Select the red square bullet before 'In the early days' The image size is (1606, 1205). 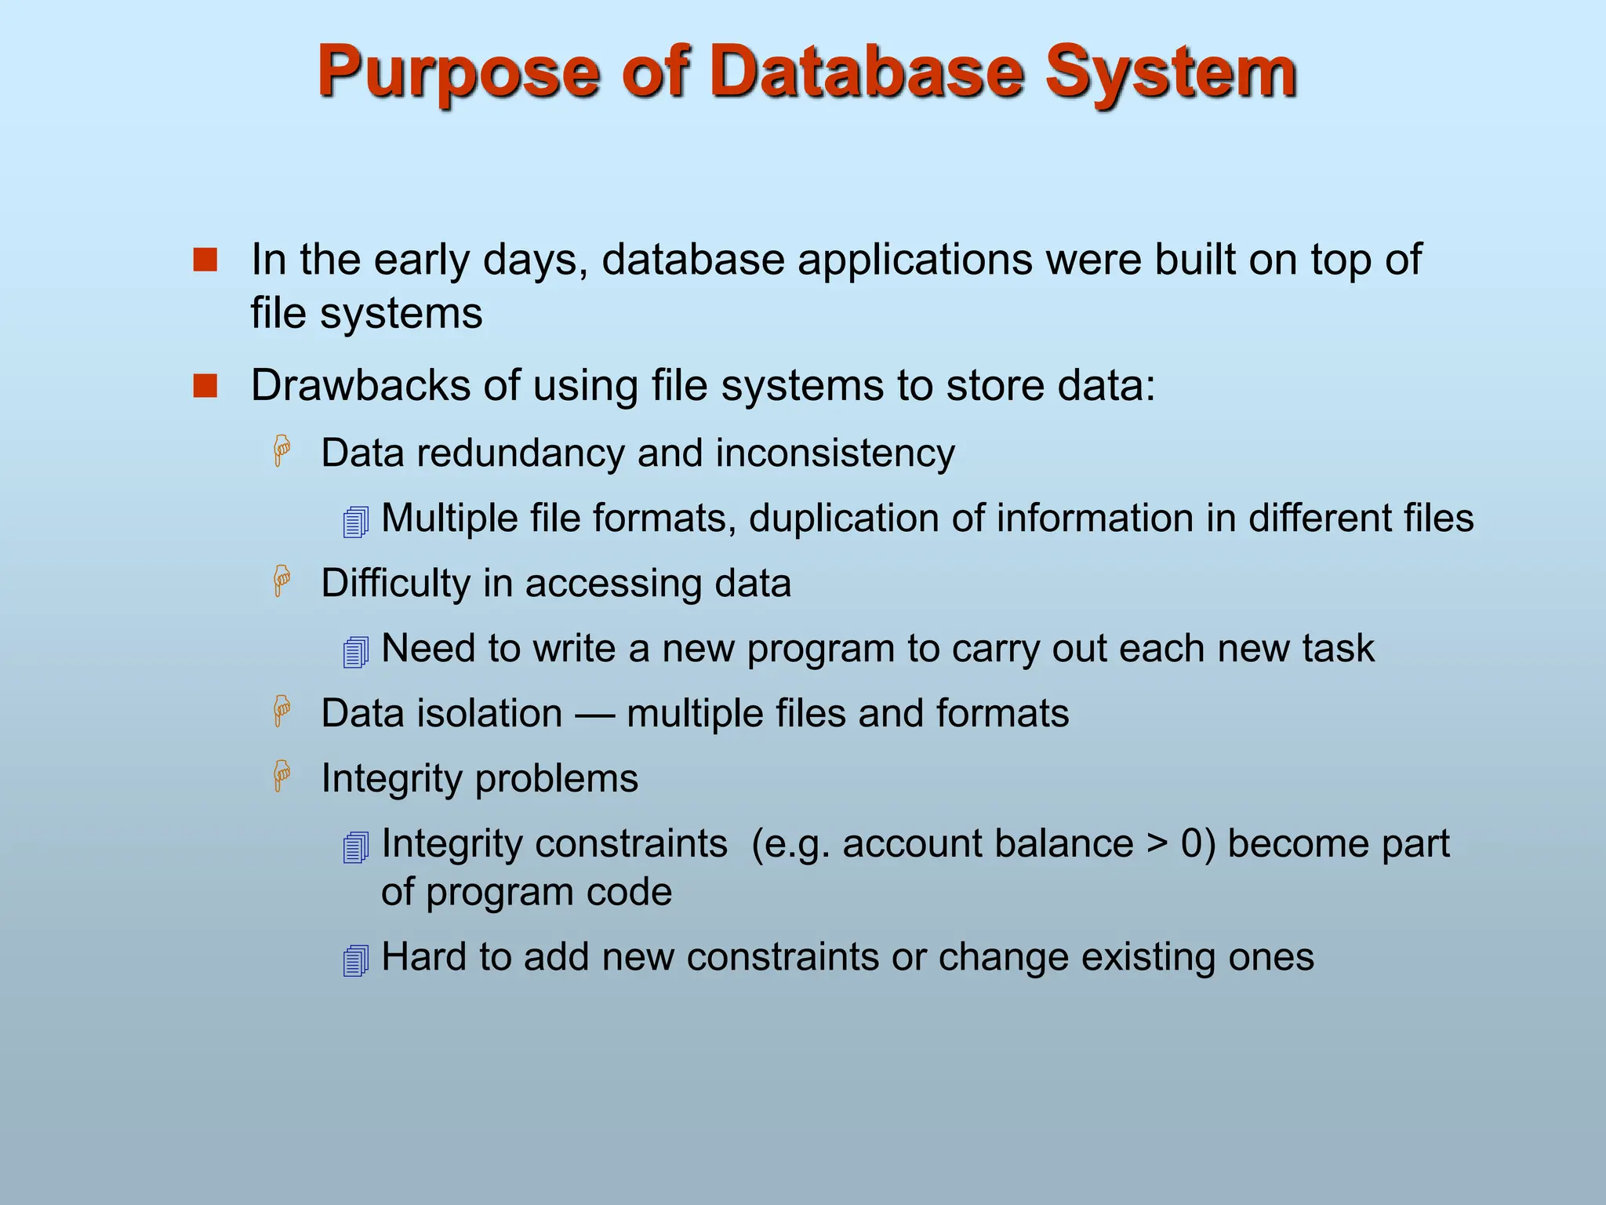pyautogui.click(x=205, y=260)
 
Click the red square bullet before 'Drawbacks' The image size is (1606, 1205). pyautogui.click(x=205, y=386)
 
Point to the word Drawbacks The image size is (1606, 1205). pyautogui.click(x=360, y=385)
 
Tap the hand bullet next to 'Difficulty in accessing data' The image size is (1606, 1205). pyautogui.click(x=282, y=581)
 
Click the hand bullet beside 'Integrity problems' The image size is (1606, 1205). pyautogui.click(x=282, y=777)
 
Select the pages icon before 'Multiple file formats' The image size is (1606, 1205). pyautogui.click(x=356, y=522)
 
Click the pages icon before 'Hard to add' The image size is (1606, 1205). pyautogui.click(x=356, y=960)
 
